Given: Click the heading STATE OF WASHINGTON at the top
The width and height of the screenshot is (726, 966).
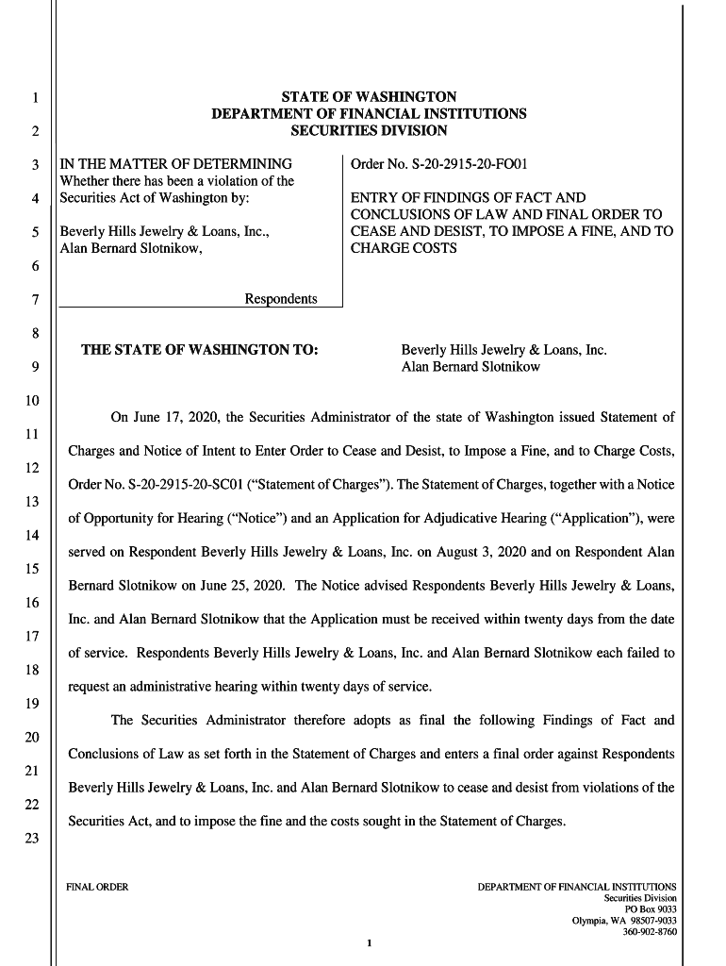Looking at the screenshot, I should click(x=369, y=97).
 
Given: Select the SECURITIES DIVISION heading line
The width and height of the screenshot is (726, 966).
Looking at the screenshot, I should click(x=369, y=130).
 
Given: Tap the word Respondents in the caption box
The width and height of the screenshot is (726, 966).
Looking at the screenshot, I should click(x=281, y=299).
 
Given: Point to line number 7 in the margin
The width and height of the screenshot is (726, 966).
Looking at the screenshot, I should click(x=34, y=300).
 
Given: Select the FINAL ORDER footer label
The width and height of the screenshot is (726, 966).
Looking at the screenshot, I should click(x=96, y=887).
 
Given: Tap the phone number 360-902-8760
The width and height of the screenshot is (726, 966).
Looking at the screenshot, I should click(x=650, y=932).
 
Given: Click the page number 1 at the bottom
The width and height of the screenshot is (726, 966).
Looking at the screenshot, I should click(x=371, y=943).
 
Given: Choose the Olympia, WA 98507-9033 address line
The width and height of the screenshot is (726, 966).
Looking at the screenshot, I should click(x=624, y=921).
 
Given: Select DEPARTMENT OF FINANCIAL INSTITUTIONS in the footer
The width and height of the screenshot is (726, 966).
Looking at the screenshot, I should click(x=577, y=887).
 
